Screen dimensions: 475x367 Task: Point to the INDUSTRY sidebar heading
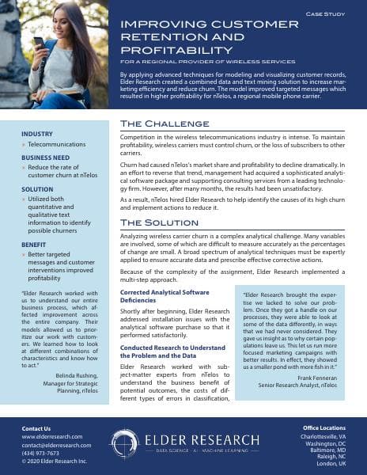point(37,135)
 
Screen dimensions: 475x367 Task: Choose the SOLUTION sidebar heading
point(38,190)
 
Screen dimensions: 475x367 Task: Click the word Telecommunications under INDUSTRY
point(60,146)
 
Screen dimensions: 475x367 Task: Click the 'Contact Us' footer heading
point(36,427)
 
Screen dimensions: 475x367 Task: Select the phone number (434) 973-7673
point(40,454)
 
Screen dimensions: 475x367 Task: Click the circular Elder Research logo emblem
point(125,443)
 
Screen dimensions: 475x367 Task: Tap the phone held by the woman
point(39,40)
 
